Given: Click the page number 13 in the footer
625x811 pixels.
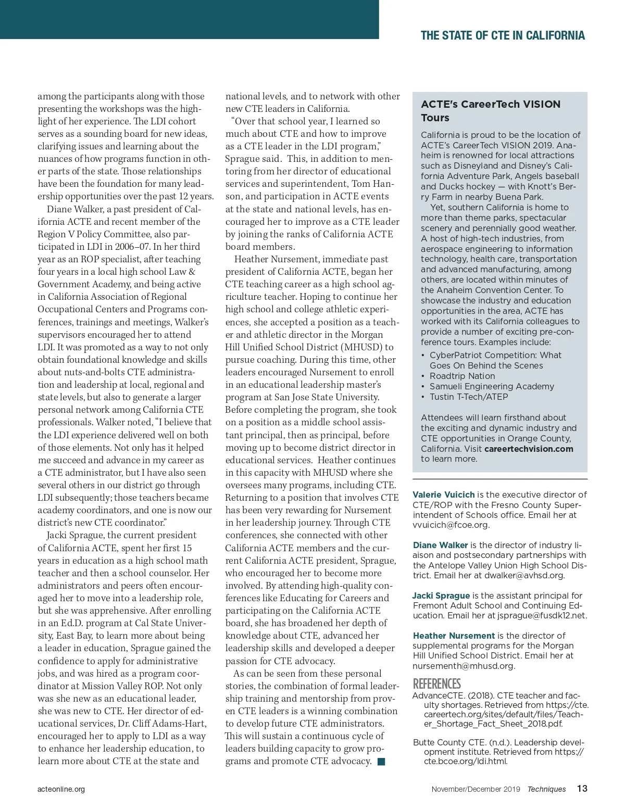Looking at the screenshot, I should (x=582, y=789).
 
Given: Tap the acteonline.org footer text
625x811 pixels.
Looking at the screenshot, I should (x=61, y=789).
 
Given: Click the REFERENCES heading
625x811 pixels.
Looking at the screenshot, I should (x=436, y=683).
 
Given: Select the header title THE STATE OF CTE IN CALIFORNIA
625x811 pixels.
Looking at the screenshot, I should (x=503, y=35).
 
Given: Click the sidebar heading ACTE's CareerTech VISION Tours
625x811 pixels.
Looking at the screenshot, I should (x=491, y=110).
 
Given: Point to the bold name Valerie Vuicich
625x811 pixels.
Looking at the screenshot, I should (x=444, y=495).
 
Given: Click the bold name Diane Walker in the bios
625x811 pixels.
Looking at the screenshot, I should (x=440, y=545).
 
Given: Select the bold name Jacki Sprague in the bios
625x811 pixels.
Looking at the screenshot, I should (x=441, y=595).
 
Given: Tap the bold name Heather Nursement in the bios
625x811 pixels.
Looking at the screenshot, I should (x=454, y=636).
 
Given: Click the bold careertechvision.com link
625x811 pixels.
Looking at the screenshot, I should (x=529, y=449).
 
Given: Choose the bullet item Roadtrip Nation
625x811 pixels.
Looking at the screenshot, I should (x=462, y=376).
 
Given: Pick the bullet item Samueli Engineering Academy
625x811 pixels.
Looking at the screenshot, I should (x=492, y=386).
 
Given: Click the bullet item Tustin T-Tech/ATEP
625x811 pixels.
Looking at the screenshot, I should (x=468, y=397).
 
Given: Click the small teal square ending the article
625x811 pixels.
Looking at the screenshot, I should (x=381, y=762).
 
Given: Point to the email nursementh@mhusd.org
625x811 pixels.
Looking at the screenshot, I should (x=464, y=666).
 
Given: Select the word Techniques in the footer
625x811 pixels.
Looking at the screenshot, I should (x=546, y=789).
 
